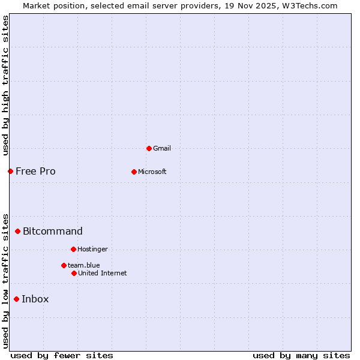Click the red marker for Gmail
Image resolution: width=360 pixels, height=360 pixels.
coord(149,148)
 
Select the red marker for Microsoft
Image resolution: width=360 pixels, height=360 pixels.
coord(134,172)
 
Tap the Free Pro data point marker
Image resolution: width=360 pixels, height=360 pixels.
coord(10,171)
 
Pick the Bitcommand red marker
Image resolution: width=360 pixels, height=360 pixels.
coord(17,231)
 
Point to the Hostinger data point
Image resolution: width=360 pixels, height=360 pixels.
coord(73,249)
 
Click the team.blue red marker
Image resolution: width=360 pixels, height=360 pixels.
coord(64,265)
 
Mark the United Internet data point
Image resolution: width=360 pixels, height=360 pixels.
coord(74,273)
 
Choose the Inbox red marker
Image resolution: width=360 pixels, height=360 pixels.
coord(16,299)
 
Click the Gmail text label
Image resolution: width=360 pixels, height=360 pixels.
coord(162,148)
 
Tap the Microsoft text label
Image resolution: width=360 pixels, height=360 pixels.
coord(152,172)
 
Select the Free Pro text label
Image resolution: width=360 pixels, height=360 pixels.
coord(35,171)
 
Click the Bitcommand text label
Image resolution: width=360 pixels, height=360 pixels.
coord(53,231)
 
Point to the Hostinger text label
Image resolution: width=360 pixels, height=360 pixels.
coord(92,249)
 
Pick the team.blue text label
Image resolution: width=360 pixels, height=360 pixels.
coord(84,265)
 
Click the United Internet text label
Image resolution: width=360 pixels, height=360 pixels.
coord(103,273)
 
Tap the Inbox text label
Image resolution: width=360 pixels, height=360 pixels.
coord(35,299)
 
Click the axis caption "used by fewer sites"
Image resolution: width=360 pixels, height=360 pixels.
coord(62,355)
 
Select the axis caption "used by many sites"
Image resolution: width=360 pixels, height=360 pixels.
coord(301,355)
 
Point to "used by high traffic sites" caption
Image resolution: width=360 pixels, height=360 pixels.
coord(5,85)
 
